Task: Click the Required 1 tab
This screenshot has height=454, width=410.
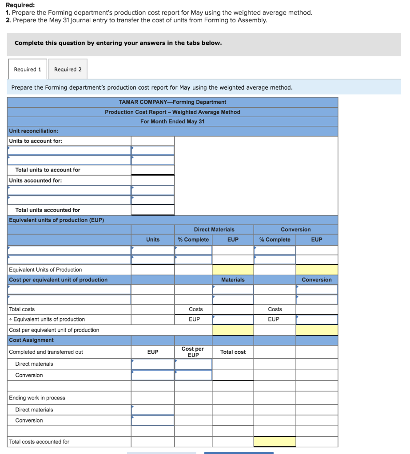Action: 28,70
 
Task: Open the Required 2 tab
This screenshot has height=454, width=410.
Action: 68,70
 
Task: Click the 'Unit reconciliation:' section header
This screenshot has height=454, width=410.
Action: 33,131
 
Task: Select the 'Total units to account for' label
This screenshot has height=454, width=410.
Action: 48,170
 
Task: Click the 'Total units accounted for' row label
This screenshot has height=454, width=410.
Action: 48,210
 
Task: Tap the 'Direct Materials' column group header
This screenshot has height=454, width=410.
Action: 214,230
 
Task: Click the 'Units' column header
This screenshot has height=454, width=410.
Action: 153,240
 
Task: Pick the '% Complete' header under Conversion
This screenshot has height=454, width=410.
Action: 275,240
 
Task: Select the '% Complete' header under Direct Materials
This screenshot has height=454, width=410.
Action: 193,240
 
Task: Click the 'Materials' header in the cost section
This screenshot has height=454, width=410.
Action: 233,280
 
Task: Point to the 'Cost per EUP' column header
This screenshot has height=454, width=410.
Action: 193,352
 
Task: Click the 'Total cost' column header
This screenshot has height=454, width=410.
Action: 233,352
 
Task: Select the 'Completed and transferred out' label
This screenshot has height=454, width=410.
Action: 46,352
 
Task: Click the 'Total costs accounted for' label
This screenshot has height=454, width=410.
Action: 39,442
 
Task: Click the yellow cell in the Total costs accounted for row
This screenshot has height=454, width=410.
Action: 275,442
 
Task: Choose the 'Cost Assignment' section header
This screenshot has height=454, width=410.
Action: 31,340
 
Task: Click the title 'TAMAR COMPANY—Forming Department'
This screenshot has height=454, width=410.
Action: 172,102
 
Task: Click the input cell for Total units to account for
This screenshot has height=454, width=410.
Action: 153,170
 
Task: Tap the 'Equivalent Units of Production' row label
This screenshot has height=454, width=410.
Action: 45,270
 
